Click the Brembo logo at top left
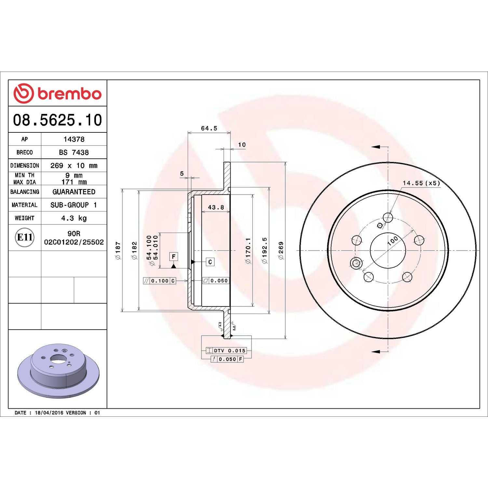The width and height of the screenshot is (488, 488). pos(57,93)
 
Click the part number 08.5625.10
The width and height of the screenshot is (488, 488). pos(57,120)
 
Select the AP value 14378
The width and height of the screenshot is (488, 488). pos(74,139)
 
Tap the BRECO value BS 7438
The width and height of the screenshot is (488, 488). pos(74,152)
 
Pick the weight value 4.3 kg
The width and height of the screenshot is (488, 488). pos(74,218)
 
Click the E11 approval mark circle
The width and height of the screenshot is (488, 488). pos(25,237)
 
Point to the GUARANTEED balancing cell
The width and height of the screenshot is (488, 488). pos(74,192)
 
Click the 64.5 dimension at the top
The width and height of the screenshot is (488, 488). pos(209,129)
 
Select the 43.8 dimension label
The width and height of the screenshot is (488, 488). pos(216,207)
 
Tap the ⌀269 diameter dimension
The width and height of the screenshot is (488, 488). pos(281,250)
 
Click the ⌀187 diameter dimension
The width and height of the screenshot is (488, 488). pos(118,250)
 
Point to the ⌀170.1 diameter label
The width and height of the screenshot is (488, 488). pos(248,250)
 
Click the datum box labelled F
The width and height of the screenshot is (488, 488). pos(174,257)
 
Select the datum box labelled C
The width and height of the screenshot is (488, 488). pos(210,262)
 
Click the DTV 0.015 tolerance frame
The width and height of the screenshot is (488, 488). pos(226,351)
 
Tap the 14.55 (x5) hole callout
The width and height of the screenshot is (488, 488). pos(421,183)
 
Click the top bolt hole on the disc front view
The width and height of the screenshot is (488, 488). pos(388,217)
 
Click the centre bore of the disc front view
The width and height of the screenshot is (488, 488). pos(388,251)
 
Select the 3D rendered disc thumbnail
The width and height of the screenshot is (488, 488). pos(58,370)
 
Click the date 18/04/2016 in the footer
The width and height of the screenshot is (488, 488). pos(49,413)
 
